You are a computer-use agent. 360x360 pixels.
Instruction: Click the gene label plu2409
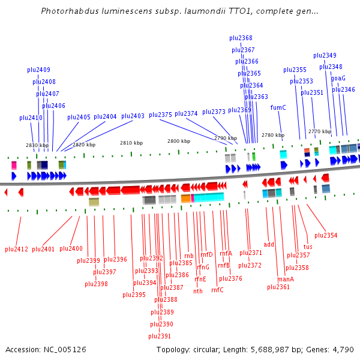38,70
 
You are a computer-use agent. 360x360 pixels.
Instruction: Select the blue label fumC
278,107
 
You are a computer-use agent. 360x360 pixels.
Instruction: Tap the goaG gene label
338,78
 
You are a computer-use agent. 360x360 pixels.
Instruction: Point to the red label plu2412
17,249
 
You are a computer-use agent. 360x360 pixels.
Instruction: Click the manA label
286,279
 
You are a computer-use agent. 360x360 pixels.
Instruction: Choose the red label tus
308,247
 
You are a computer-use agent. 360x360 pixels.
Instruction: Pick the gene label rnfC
217,290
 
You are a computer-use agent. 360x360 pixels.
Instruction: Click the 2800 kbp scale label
179,141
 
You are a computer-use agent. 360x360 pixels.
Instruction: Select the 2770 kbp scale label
320,131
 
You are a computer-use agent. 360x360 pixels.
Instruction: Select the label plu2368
241,38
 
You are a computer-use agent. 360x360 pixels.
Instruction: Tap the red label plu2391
160,336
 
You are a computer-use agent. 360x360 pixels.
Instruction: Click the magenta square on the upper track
14,164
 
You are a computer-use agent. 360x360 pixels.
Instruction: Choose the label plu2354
326,235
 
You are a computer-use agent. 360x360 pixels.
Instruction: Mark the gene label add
269,244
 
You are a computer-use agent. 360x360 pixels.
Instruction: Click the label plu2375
160,114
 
